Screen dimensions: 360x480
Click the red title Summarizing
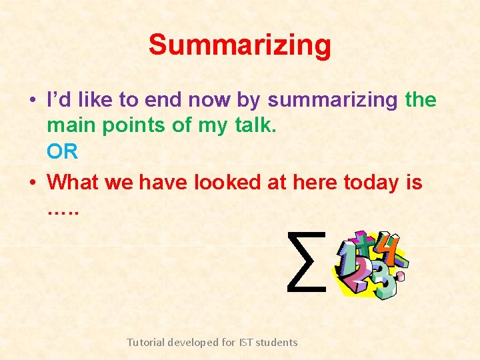239,45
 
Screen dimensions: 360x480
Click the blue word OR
62,152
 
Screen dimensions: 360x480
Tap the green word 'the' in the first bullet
421,101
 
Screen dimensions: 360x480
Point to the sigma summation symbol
306,261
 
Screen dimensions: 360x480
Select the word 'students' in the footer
277,342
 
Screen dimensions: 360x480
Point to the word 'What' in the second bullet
72,182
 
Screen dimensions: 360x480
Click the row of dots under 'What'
63,212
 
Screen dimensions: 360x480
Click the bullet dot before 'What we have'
33,182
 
